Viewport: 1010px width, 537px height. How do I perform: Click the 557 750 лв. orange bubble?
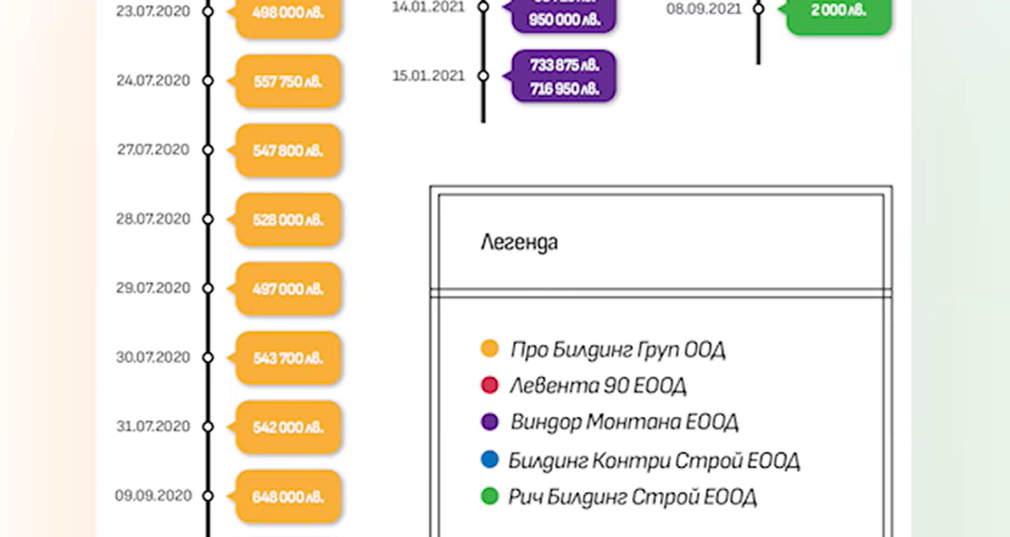[x=288, y=82]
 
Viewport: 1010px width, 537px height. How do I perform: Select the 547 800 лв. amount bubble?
[x=288, y=151]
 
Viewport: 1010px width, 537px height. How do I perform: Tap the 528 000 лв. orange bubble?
[x=288, y=220]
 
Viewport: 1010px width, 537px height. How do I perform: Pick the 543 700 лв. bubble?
[x=288, y=358]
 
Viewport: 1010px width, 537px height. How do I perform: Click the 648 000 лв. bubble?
[x=288, y=496]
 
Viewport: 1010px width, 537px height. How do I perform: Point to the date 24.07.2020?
[x=153, y=81]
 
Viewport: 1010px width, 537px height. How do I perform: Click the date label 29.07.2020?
[x=153, y=288]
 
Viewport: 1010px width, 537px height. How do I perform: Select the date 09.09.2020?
[x=153, y=496]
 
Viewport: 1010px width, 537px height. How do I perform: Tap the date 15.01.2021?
[x=429, y=76]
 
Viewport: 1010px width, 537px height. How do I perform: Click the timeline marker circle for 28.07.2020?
[x=208, y=219]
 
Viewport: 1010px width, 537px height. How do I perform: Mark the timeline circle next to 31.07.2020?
[x=208, y=427]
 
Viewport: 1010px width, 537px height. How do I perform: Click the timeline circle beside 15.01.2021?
[x=484, y=76]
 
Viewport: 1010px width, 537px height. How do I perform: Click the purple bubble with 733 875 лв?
[x=564, y=76]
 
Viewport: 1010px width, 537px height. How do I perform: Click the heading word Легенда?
[x=519, y=242]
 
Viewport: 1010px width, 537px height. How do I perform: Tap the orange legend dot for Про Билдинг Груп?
[x=489, y=348]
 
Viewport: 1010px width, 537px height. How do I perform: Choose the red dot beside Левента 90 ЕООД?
[x=489, y=385]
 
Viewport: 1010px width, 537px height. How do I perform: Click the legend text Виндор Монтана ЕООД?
[x=624, y=422]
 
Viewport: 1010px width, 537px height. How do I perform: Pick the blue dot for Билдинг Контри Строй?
[x=489, y=459]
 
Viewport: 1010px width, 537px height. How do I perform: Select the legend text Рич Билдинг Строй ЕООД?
[x=632, y=497]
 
